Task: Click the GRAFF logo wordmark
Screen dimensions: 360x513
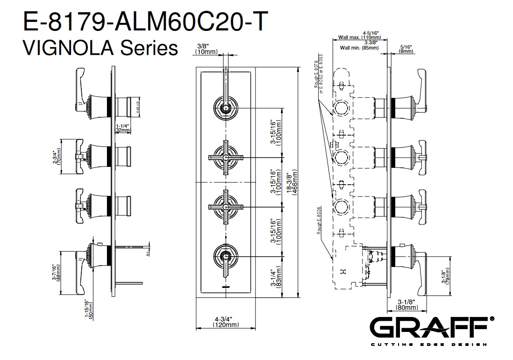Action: [x=429, y=328]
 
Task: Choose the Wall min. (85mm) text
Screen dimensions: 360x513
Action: [x=359, y=47]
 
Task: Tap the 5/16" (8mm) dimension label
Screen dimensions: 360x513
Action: [x=406, y=49]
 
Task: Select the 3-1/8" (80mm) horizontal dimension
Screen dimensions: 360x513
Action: [x=406, y=305]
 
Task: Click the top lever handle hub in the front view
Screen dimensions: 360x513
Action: [x=226, y=108]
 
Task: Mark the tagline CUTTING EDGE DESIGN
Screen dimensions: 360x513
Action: [x=429, y=345]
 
